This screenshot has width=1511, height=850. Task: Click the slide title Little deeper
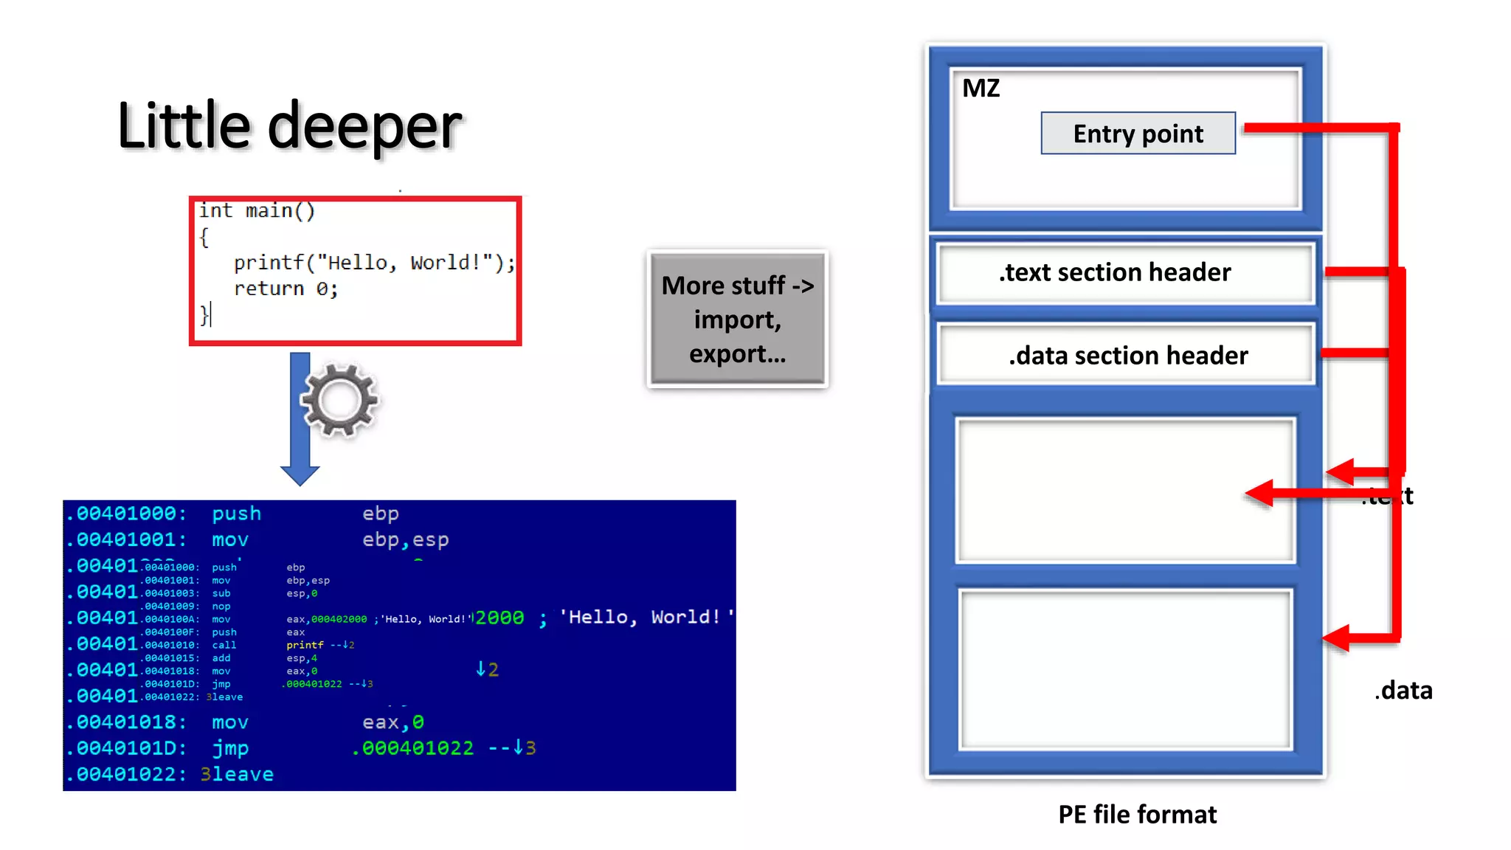click(289, 126)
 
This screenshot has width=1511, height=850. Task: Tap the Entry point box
click(1138, 134)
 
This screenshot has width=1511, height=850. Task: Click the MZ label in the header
click(981, 89)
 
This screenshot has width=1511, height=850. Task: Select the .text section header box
click(1124, 272)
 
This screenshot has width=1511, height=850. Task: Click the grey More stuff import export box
click(737, 319)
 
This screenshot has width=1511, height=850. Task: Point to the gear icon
click(339, 399)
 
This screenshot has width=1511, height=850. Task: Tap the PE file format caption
click(1137, 814)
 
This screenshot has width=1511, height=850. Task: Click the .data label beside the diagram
click(1403, 691)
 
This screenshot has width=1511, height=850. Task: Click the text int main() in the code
click(257, 211)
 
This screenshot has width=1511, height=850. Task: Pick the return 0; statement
click(286, 288)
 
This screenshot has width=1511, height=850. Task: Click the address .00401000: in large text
click(126, 514)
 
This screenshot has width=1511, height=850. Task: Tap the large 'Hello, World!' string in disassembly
click(646, 617)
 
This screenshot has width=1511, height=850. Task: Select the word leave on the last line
click(243, 774)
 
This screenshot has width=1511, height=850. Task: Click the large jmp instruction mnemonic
click(230, 748)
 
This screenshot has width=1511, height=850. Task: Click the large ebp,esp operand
click(405, 539)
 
